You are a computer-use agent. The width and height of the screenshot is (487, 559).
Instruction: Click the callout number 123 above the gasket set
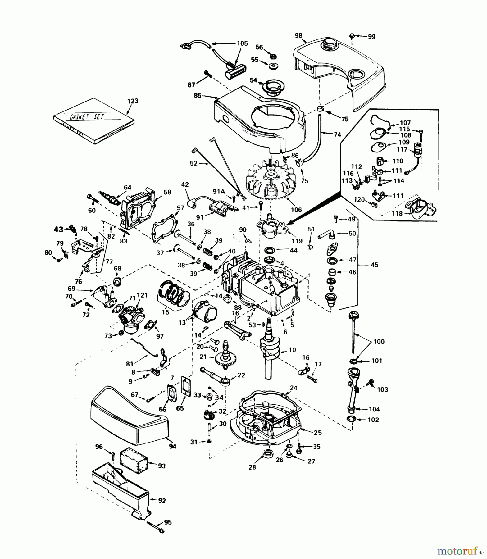133,101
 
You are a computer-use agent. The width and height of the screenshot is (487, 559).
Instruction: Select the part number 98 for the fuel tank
298,35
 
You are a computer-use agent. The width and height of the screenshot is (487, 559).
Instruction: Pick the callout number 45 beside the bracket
375,265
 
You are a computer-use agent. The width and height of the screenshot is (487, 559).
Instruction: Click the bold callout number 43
58,230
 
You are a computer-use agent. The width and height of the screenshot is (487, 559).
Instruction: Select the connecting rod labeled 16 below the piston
238,330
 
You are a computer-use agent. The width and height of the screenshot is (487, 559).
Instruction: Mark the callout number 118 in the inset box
397,214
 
